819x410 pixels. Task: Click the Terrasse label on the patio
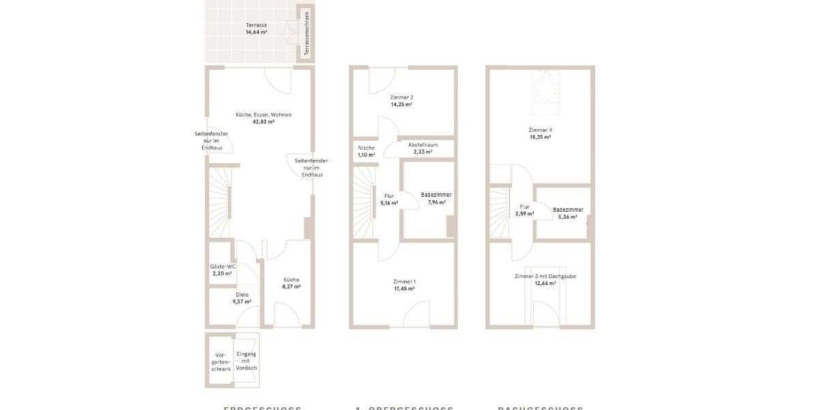tap(256, 25)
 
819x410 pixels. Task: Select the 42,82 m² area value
tap(263, 122)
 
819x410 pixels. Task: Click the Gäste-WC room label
tap(222, 266)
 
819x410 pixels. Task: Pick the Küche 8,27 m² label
tap(291, 279)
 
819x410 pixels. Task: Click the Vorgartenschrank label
tap(220, 362)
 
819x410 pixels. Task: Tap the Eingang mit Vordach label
tap(246, 361)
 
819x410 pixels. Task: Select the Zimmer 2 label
tap(401, 97)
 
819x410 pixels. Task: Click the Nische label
tap(367, 148)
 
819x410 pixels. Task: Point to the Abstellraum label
tap(422, 145)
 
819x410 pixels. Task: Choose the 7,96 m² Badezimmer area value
tap(436, 202)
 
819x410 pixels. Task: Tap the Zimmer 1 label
tap(404, 282)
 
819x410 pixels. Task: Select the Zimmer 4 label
tap(540, 130)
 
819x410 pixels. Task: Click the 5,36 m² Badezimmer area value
tap(568, 217)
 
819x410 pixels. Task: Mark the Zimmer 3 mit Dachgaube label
tap(545, 276)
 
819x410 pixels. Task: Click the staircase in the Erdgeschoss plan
tap(220, 202)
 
